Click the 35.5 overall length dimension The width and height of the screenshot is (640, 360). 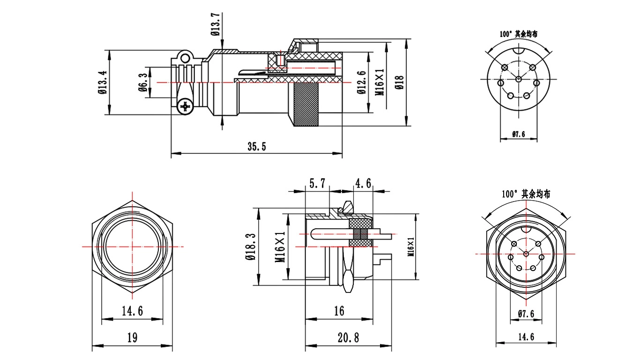coord(257,147)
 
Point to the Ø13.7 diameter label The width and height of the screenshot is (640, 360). coord(216,24)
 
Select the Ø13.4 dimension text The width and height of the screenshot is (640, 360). coord(103,82)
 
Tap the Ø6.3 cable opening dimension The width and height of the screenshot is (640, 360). coord(143,82)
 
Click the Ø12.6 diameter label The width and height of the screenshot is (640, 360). coord(362,82)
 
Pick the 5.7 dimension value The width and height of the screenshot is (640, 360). coord(318,183)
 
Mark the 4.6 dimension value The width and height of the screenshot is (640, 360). coord(363,183)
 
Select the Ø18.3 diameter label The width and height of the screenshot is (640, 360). coord(250,247)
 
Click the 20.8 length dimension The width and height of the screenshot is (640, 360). coord(348,337)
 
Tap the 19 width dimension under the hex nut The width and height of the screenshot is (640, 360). coord(132,337)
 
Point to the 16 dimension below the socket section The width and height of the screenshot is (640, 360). coord(339,311)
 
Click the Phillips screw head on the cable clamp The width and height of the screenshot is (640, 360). coord(186,107)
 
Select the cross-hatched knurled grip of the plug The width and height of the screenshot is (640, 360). coord(306,105)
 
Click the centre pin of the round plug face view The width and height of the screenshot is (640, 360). coord(519,79)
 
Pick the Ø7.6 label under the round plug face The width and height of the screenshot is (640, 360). coord(518,134)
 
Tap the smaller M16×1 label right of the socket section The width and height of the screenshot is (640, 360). coord(411,247)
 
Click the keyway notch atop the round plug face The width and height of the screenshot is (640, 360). coord(519,51)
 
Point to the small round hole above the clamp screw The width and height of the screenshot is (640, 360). coord(186,59)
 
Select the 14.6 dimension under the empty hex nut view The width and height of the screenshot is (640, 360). coord(132,311)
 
